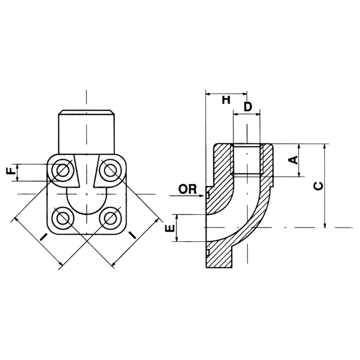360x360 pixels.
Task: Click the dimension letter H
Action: click(226, 100)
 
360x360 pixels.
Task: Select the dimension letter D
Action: click(248, 107)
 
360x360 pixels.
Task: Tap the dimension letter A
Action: click(294, 159)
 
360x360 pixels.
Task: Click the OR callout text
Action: click(188, 189)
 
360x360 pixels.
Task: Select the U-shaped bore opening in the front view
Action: click(86, 202)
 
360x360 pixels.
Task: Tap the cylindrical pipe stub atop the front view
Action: click(86, 131)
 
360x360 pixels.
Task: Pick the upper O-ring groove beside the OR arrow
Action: click(208, 195)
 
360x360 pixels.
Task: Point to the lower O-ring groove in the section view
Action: click(208, 248)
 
